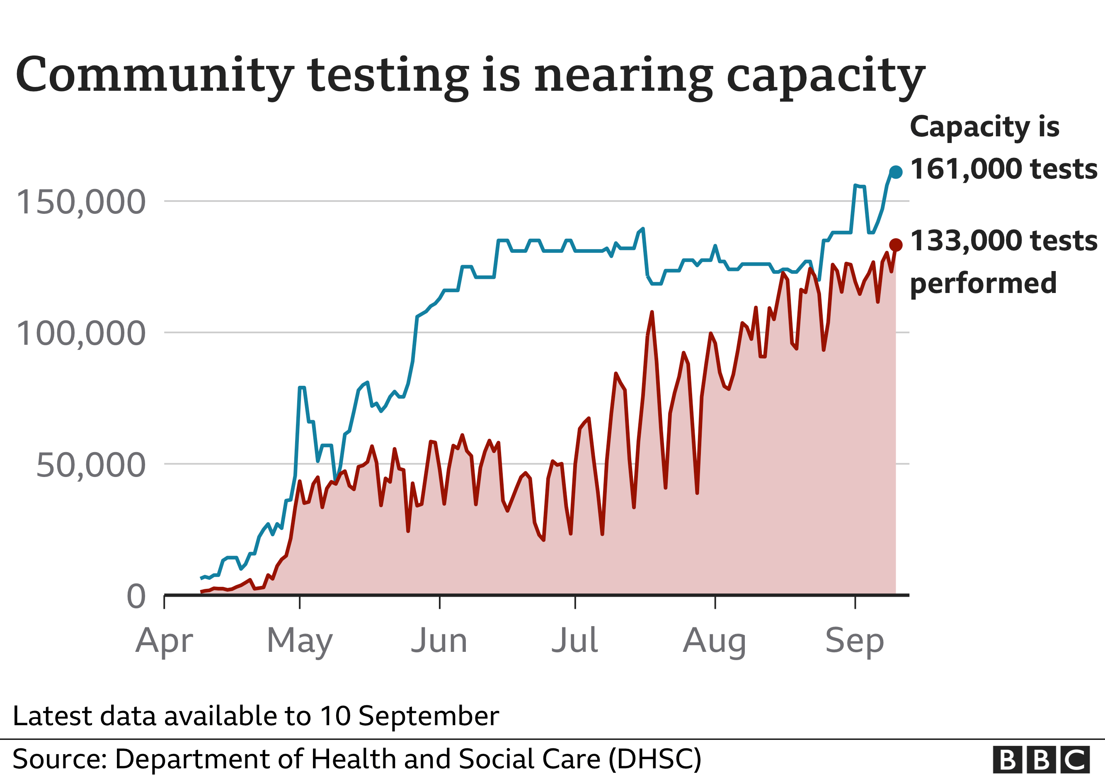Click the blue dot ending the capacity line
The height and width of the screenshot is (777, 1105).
896,172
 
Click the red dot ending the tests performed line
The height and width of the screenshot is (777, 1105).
896,245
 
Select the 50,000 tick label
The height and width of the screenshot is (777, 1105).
90,465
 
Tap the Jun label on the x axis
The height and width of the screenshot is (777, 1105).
439,640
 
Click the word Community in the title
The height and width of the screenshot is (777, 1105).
154,75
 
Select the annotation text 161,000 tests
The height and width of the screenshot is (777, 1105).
1003,169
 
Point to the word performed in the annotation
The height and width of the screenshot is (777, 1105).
983,283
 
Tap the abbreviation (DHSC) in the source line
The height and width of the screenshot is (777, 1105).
655,759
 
